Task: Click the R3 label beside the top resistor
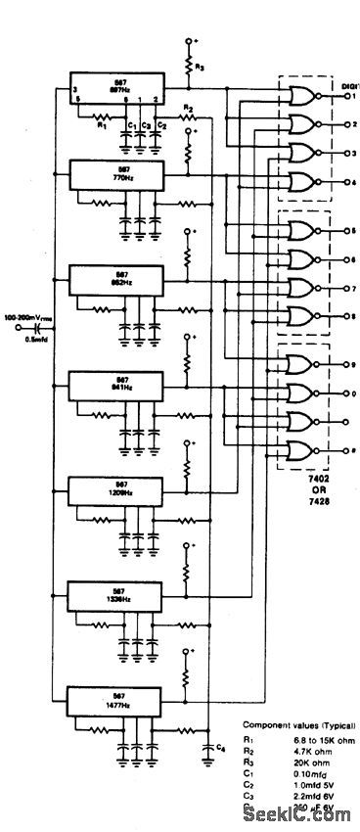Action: pos(201,68)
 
